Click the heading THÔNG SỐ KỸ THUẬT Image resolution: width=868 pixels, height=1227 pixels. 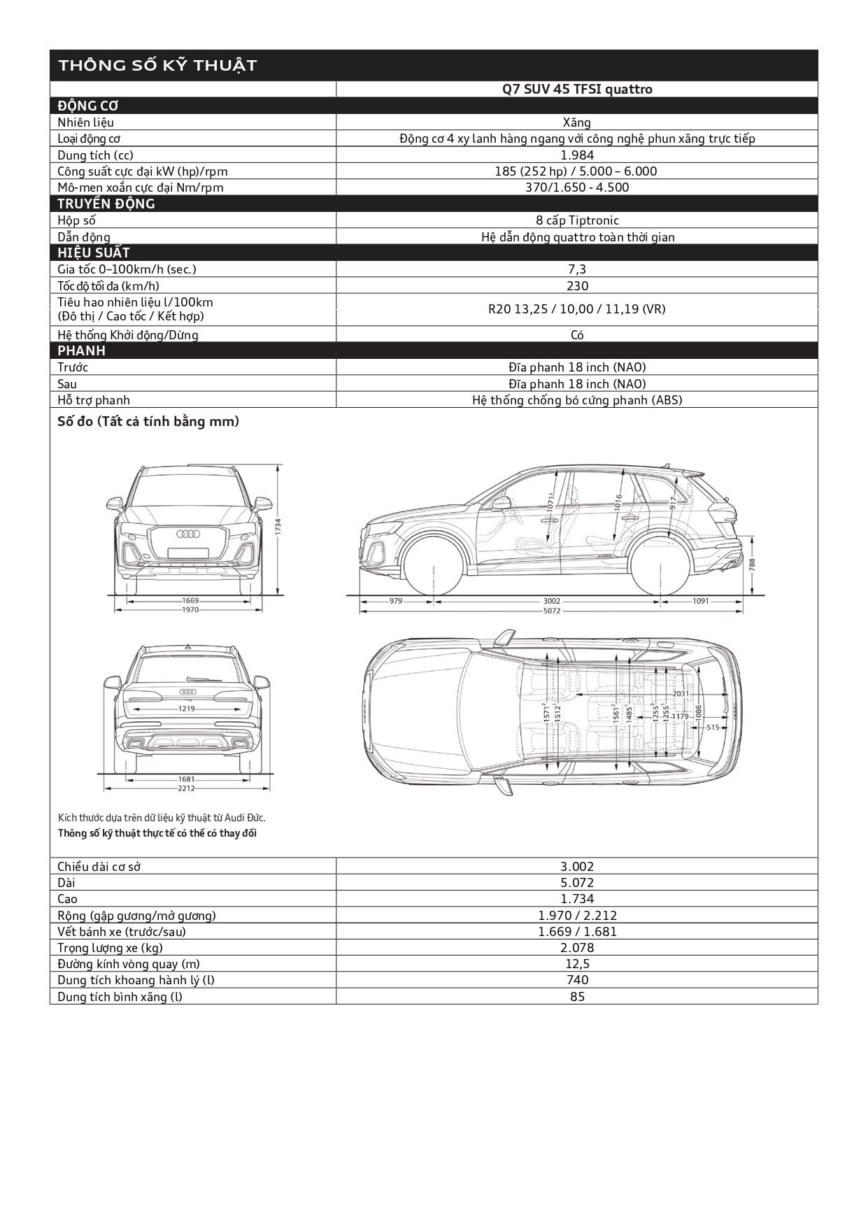coord(157,66)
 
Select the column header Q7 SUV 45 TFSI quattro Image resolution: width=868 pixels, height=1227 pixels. coord(577,90)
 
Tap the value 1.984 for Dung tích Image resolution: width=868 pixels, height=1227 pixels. coord(577,155)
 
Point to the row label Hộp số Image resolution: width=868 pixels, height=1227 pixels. coord(76,220)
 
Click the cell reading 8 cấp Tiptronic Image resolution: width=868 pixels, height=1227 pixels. coord(577,220)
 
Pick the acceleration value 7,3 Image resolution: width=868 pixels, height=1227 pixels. coord(577,269)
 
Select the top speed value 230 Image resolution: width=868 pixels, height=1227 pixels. coord(577,286)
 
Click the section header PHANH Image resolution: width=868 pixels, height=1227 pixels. coord(81,350)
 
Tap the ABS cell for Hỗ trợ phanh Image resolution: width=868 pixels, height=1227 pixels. coord(577,400)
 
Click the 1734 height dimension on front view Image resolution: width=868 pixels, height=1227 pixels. coord(278,527)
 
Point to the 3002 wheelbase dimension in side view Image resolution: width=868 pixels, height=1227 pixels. coord(551,601)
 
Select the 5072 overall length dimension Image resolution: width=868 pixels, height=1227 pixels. coord(551,611)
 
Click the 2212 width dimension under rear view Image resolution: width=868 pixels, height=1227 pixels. coord(186,788)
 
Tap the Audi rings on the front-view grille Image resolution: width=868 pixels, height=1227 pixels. coord(188,534)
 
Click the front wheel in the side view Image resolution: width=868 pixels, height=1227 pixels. coord(434,566)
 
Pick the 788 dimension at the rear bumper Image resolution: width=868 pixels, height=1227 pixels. coord(752,564)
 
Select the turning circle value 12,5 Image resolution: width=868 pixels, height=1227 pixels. coord(577,964)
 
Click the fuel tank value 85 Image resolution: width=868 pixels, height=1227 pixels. coord(577,997)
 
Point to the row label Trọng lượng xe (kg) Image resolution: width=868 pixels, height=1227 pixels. coord(110,948)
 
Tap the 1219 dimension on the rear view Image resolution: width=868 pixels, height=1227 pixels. coord(186,709)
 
